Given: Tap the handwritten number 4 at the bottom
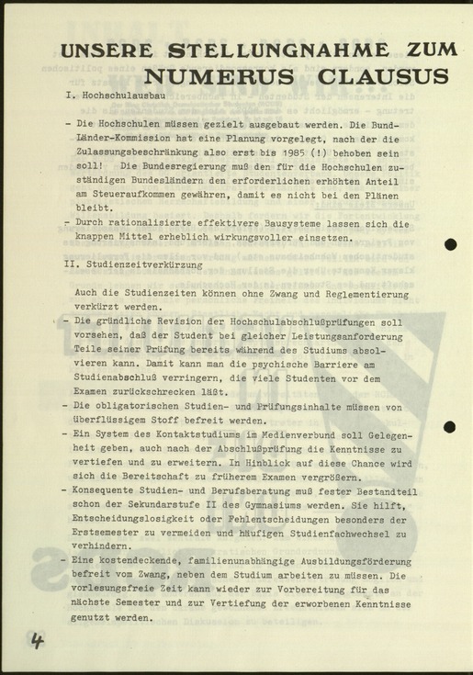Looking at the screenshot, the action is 36,641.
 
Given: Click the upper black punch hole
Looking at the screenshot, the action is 450,244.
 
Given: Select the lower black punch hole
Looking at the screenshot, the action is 449,426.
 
